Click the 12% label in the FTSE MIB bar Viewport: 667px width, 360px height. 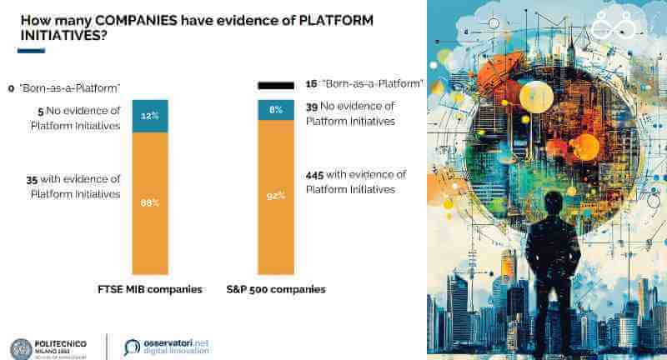pyautogui.click(x=150, y=116)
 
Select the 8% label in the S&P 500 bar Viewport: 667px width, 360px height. pyautogui.click(x=276, y=110)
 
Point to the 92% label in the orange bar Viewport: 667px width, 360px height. pyautogui.click(x=276, y=195)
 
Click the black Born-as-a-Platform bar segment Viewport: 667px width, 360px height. pyautogui.click(x=276, y=85)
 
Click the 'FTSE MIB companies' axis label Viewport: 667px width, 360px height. pyautogui.click(x=150, y=290)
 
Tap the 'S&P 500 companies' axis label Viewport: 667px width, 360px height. pyautogui.click(x=276, y=290)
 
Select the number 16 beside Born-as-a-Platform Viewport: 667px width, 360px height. pyautogui.click(x=311, y=84)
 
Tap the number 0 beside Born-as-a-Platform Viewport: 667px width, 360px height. pyautogui.click(x=11, y=87)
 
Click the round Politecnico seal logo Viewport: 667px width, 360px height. pyautogui.click(x=21, y=349)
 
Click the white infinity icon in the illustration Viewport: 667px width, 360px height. pyautogui.click(x=614, y=27)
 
